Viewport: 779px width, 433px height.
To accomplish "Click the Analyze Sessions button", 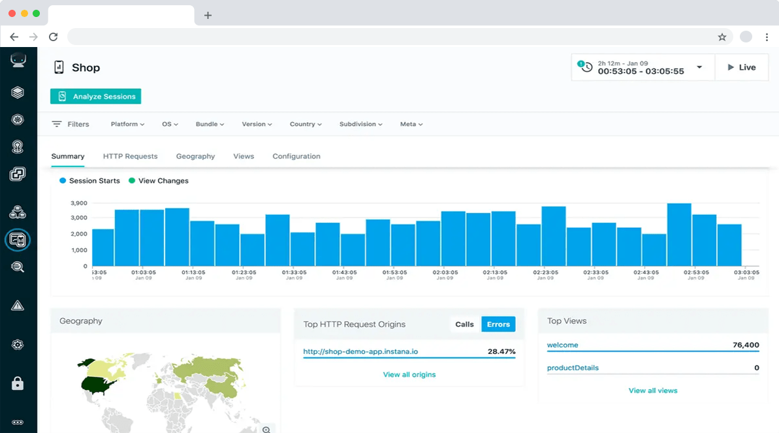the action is coord(95,97).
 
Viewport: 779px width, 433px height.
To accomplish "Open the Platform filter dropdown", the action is coord(127,124).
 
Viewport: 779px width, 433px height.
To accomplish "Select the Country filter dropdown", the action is coord(306,124).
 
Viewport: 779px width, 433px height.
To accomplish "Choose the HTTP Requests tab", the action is coord(130,156).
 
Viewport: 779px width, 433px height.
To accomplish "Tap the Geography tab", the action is coord(195,156).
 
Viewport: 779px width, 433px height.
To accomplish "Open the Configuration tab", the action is coord(296,156).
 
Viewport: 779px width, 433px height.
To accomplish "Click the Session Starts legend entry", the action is coord(89,181).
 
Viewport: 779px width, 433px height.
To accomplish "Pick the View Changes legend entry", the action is coord(159,181).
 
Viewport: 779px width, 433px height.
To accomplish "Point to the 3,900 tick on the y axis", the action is coord(79,203).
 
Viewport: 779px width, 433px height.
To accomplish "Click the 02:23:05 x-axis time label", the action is coord(545,272).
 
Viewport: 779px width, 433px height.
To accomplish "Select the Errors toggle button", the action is coord(498,324).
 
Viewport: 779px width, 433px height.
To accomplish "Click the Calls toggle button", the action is coord(464,324).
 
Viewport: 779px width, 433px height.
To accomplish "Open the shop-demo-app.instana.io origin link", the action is coord(360,351).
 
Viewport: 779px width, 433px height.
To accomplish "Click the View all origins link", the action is coord(409,374).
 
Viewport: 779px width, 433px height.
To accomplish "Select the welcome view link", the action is coord(562,345).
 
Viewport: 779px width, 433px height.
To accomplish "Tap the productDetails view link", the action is coord(573,368).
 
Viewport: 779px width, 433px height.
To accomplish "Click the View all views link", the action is coord(653,391).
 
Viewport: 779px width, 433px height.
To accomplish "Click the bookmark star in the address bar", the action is coord(722,37).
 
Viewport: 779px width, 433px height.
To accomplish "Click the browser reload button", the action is coord(53,37).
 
